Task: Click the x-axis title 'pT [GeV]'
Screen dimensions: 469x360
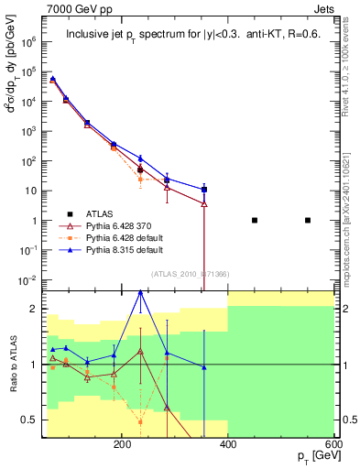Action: click(311, 456)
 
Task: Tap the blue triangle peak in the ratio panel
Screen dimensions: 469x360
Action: click(140, 292)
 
